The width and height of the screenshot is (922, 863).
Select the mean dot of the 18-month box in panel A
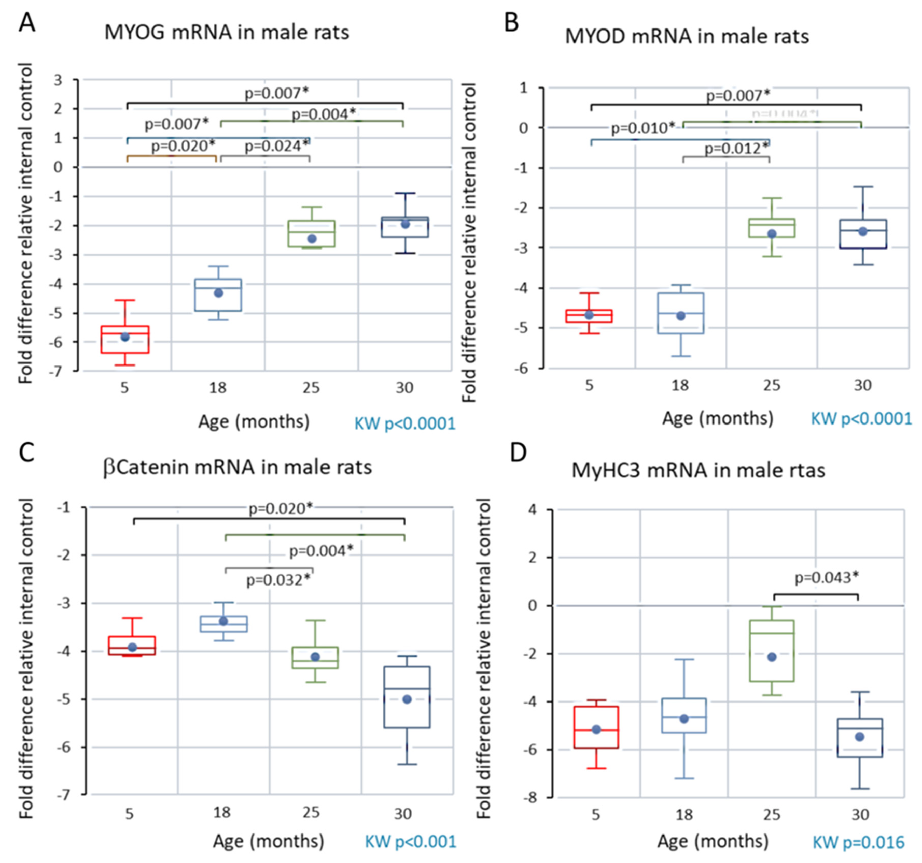click(218, 293)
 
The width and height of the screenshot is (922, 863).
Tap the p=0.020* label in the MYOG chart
click(183, 146)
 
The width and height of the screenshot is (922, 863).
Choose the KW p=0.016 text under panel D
click(858, 842)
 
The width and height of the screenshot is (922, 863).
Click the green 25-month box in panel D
click(772, 651)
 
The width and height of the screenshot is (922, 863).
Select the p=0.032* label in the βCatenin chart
click(278, 580)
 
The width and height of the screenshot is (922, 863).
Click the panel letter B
click(511, 22)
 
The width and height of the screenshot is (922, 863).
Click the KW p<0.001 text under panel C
click(410, 842)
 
